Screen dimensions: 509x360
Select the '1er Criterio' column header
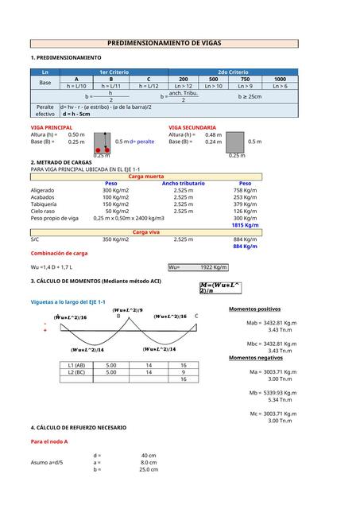point(114,72)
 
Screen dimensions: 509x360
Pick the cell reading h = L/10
point(77,86)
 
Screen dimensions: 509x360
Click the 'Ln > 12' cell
point(184,86)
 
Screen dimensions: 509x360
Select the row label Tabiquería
point(44,204)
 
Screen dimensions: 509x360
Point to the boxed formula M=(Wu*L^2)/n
point(221,287)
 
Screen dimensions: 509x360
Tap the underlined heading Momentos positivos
point(254,309)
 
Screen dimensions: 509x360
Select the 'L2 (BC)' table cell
point(77,371)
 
